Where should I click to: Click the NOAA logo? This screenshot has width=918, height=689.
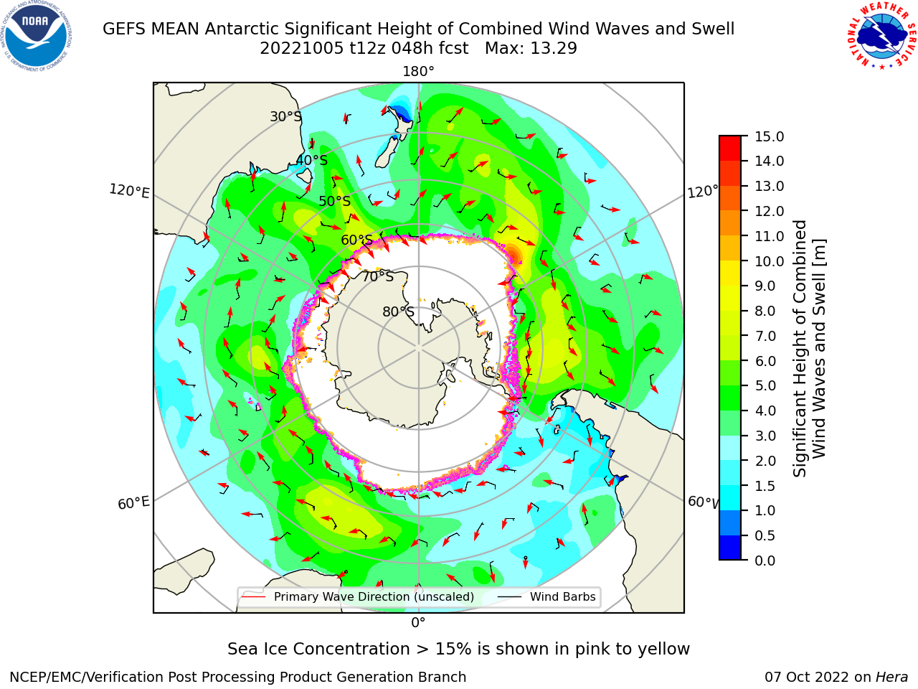[x=36, y=36]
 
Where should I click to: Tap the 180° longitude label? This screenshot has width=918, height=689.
[x=418, y=72]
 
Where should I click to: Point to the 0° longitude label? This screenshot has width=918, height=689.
[x=418, y=623]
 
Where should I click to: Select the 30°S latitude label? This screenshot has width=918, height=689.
[x=285, y=116]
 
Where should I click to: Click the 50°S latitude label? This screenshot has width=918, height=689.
[x=335, y=201]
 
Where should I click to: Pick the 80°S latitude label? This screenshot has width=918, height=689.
[x=398, y=311]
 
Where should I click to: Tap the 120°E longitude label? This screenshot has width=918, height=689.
[x=129, y=191]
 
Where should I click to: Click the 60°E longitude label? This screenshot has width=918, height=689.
[x=133, y=503]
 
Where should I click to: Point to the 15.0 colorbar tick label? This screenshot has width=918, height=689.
[x=769, y=136]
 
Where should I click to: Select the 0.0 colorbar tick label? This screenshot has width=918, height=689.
[x=765, y=561]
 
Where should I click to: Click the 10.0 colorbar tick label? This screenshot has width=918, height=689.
[x=769, y=261]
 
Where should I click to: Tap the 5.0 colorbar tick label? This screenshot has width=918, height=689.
[x=765, y=385]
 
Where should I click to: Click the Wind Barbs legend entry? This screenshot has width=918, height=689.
[x=546, y=596]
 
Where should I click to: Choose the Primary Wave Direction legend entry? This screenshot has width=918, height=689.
[x=358, y=596]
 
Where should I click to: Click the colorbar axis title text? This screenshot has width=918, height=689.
[x=809, y=349]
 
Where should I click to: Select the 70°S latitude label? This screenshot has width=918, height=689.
[x=378, y=276]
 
